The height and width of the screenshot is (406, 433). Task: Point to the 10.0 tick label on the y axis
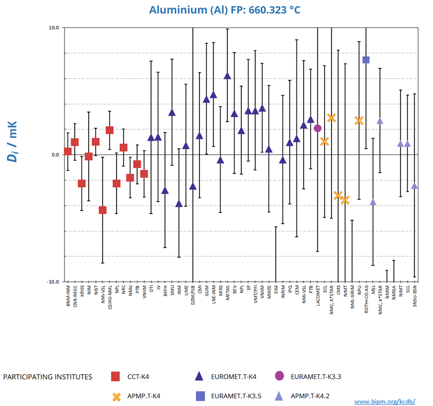coord(54,28)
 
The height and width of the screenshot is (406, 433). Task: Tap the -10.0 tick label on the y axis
coord(53,281)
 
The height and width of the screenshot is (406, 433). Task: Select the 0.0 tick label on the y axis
coord(56,154)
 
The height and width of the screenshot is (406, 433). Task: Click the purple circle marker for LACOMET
coord(318,128)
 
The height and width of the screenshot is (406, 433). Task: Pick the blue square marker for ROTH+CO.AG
coord(366,60)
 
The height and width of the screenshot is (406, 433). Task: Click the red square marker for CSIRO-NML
coord(109,130)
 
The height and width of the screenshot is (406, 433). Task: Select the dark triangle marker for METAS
coord(227,76)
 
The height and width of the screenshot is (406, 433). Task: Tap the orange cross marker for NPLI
coord(359,120)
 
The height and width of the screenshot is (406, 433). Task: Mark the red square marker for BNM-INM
coord(68,151)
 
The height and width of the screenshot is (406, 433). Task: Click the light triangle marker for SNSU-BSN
coord(414,186)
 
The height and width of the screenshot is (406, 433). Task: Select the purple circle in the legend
coord(279,377)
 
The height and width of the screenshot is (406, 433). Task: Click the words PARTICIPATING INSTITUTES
coord(48,377)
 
